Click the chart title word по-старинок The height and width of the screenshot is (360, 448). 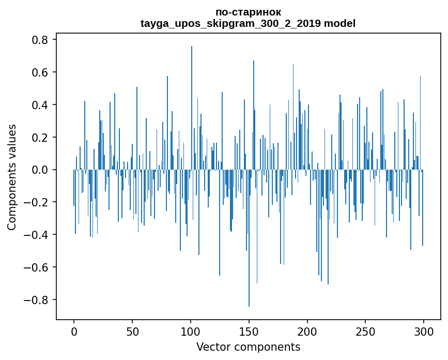point(248,12)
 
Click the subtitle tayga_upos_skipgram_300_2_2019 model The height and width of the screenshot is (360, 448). point(248,23)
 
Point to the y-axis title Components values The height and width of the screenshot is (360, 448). point(12,177)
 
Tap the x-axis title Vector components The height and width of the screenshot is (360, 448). point(248,347)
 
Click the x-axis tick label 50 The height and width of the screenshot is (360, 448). point(132,331)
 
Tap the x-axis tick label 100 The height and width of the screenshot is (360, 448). point(191,331)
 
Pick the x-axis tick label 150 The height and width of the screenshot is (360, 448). point(249,331)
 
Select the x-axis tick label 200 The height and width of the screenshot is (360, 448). point(307,331)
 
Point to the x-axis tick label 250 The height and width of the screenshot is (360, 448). point(366,331)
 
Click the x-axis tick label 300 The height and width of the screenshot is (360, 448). point(424,331)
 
